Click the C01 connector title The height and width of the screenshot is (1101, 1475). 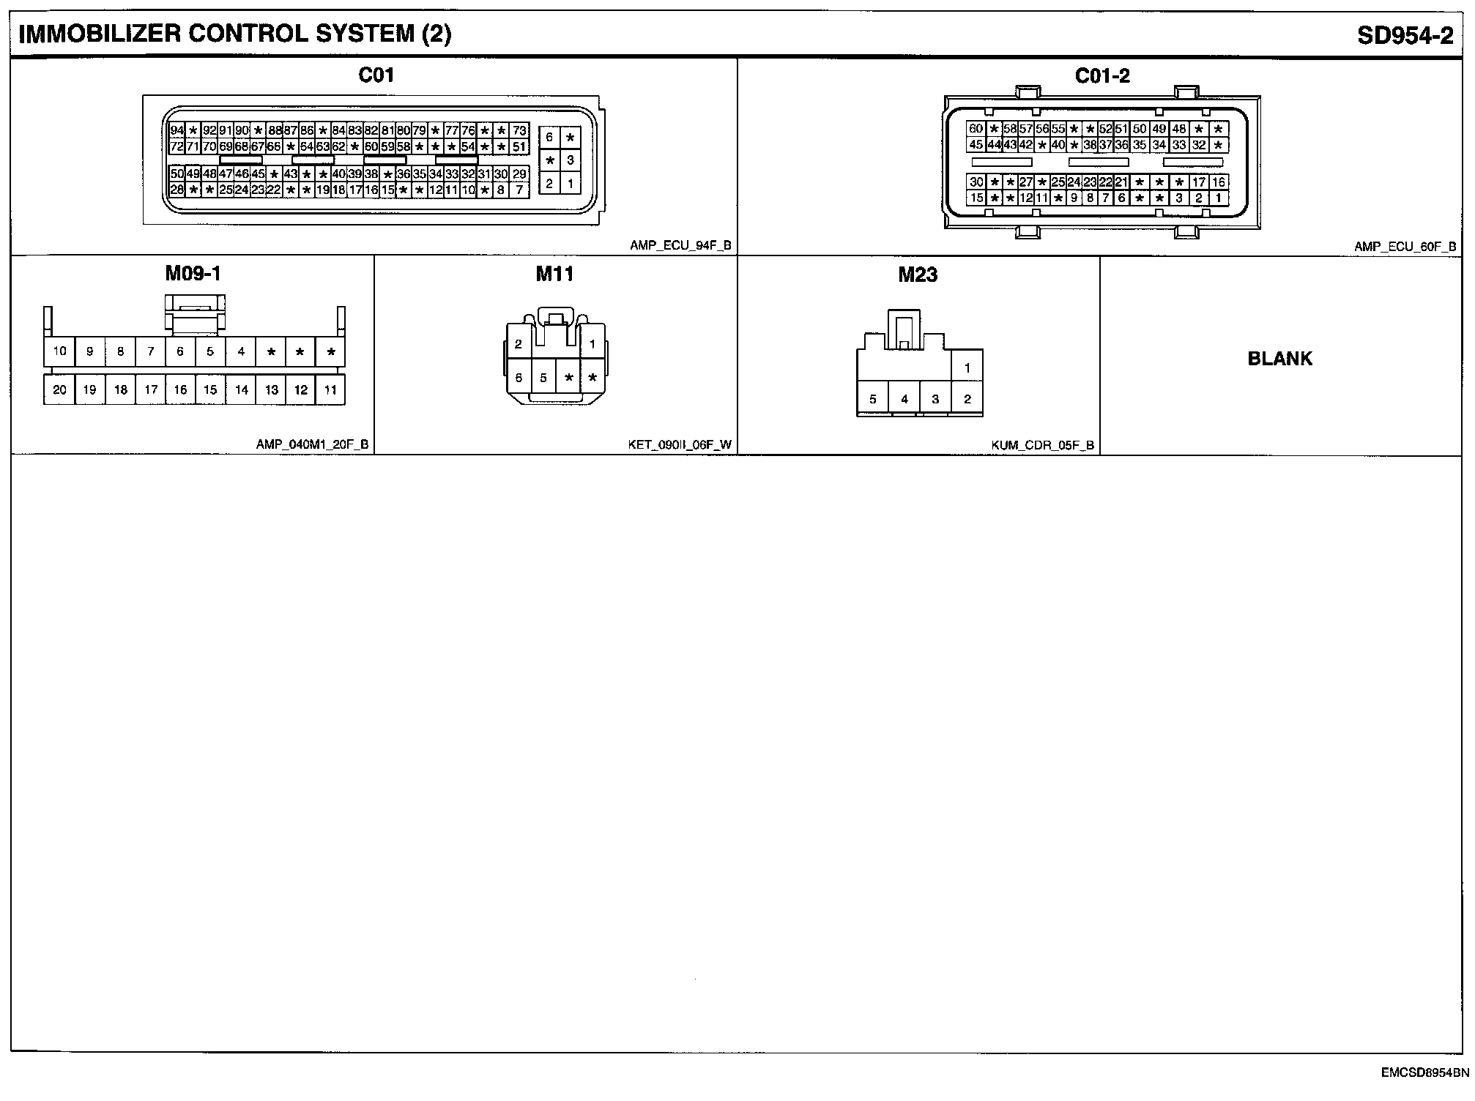pyautogui.click(x=376, y=75)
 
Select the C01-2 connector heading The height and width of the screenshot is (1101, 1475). pyautogui.click(x=1102, y=75)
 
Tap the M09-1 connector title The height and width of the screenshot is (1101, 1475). pyautogui.click(x=193, y=274)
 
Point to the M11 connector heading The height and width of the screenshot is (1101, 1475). pyautogui.click(x=554, y=274)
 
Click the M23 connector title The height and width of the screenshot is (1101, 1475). pyautogui.click(x=918, y=275)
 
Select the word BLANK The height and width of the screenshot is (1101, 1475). pyautogui.click(x=1279, y=359)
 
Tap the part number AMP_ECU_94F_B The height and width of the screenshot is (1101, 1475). pyautogui.click(x=680, y=246)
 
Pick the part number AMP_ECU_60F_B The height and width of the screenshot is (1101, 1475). pyautogui.click(x=1405, y=247)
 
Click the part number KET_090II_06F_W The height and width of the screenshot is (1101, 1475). pyautogui.click(x=679, y=444)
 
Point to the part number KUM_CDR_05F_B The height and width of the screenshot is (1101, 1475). pyautogui.click(x=1043, y=444)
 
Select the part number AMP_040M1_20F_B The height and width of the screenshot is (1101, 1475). pyautogui.click(x=312, y=444)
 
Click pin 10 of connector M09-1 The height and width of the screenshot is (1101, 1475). pyautogui.click(x=59, y=351)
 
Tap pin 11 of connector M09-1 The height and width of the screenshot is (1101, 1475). pyautogui.click(x=330, y=390)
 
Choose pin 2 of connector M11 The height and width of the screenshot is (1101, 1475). pyautogui.click(x=518, y=344)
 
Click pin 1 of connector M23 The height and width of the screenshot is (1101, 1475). pyautogui.click(x=967, y=368)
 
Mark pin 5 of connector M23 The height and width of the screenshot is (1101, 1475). pyautogui.click(x=872, y=400)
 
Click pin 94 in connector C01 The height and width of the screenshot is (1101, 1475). pyautogui.click(x=177, y=130)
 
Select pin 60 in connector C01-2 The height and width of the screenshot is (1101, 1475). pyautogui.click(x=976, y=129)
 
